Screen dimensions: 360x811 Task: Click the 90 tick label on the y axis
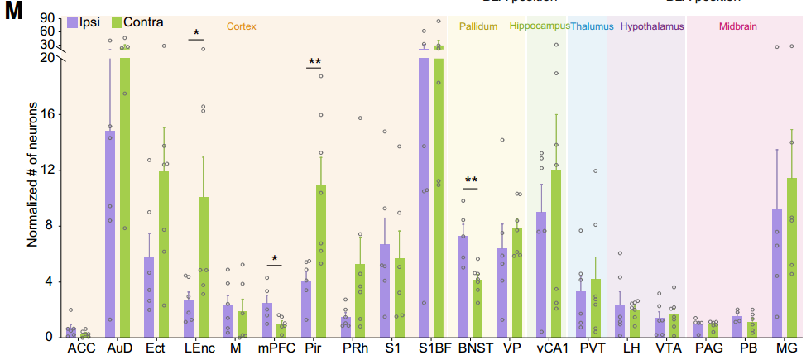[x=46, y=18]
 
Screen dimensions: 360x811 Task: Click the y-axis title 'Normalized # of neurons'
[x=33, y=176]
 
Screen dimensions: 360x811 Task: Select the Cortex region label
[x=241, y=26]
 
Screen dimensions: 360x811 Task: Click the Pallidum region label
[x=478, y=26]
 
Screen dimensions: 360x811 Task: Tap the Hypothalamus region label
[x=652, y=26]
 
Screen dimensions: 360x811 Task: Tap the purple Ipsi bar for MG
[x=777, y=273]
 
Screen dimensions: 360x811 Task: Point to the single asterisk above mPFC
[x=274, y=258]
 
